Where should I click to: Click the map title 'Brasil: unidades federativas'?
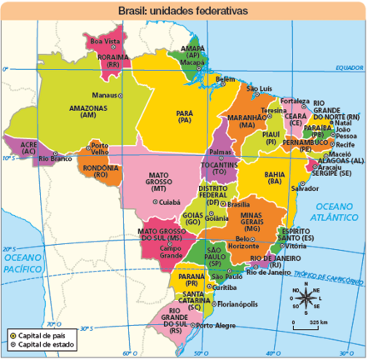pos(184,12)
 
